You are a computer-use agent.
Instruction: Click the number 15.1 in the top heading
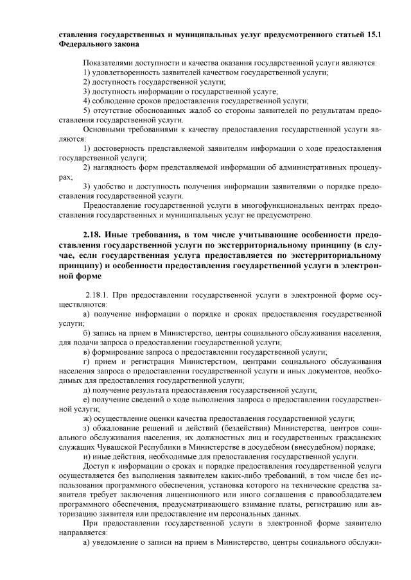click(372, 33)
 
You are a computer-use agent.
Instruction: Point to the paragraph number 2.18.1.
click(100, 295)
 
